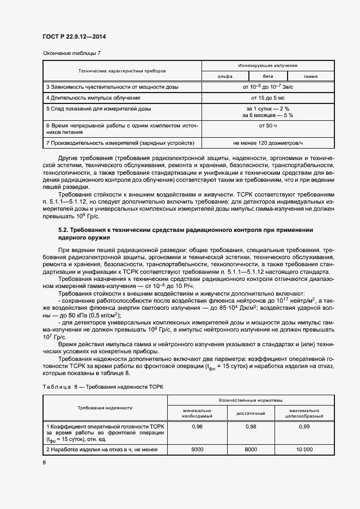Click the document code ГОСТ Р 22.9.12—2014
click(74, 36)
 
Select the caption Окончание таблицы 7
click(71, 53)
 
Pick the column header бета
click(268, 76)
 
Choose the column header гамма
click(310, 76)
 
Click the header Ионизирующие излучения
click(267, 65)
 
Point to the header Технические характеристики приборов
click(122, 71)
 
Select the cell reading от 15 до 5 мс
click(267, 97)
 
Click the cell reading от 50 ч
click(267, 126)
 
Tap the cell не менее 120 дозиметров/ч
click(267, 143)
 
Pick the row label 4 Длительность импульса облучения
click(93, 97)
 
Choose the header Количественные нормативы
click(249, 400)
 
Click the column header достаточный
click(250, 413)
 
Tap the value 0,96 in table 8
click(197, 427)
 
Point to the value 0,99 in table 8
click(304, 427)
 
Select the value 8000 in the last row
click(250, 450)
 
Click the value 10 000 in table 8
click(304, 450)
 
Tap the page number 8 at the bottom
click(44, 463)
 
